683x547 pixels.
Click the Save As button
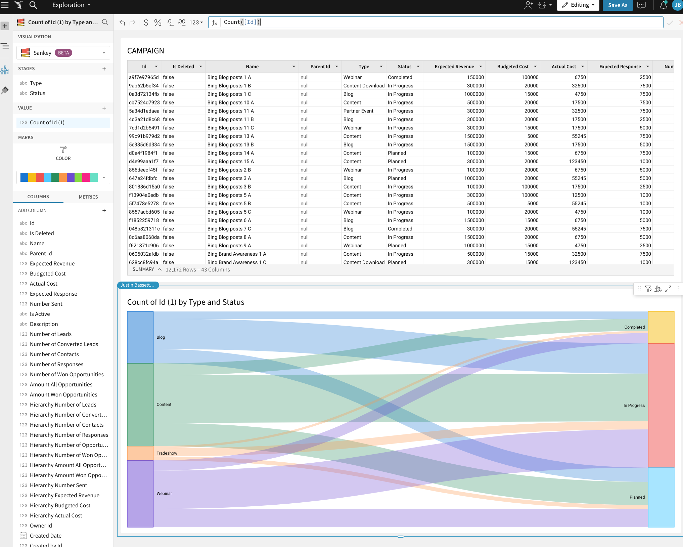618,5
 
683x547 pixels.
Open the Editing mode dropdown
578,5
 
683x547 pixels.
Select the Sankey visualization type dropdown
63,53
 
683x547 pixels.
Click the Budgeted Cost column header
513,67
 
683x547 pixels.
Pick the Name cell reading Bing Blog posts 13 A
230,136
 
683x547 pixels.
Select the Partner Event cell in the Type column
358,111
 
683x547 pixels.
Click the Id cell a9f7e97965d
144,77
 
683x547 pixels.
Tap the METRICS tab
88,197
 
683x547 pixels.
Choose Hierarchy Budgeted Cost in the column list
60,505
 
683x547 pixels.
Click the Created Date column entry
46,536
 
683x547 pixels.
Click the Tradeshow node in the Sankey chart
140,453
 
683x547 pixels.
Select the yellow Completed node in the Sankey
661,327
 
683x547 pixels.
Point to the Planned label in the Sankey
637,497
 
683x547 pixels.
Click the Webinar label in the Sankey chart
164,494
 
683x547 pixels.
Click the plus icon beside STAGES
104,69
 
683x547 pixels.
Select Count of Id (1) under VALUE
47,122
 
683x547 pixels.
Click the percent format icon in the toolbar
158,23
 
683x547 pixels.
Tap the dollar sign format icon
146,23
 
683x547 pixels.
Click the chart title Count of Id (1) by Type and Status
186,302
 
